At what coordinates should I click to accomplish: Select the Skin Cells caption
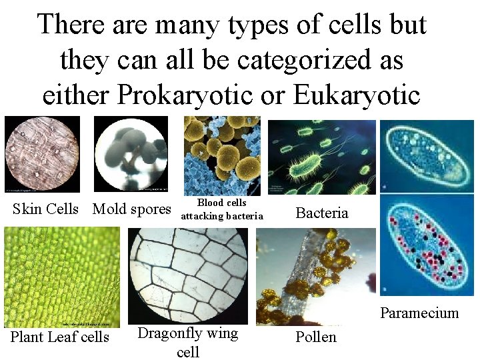tap(45, 209)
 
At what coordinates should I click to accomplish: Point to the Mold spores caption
tap(132, 209)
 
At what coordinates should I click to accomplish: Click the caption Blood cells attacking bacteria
tap(222, 209)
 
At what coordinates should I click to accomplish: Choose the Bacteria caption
tap(322, 213)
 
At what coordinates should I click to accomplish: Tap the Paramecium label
tap(419, 313)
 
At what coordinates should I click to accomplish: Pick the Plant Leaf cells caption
tap(60, 337)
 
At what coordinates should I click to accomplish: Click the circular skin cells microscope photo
tap(42, 154)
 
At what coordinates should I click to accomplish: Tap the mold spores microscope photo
tap(131, 154)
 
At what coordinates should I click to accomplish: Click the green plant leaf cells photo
tap(62, 277)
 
